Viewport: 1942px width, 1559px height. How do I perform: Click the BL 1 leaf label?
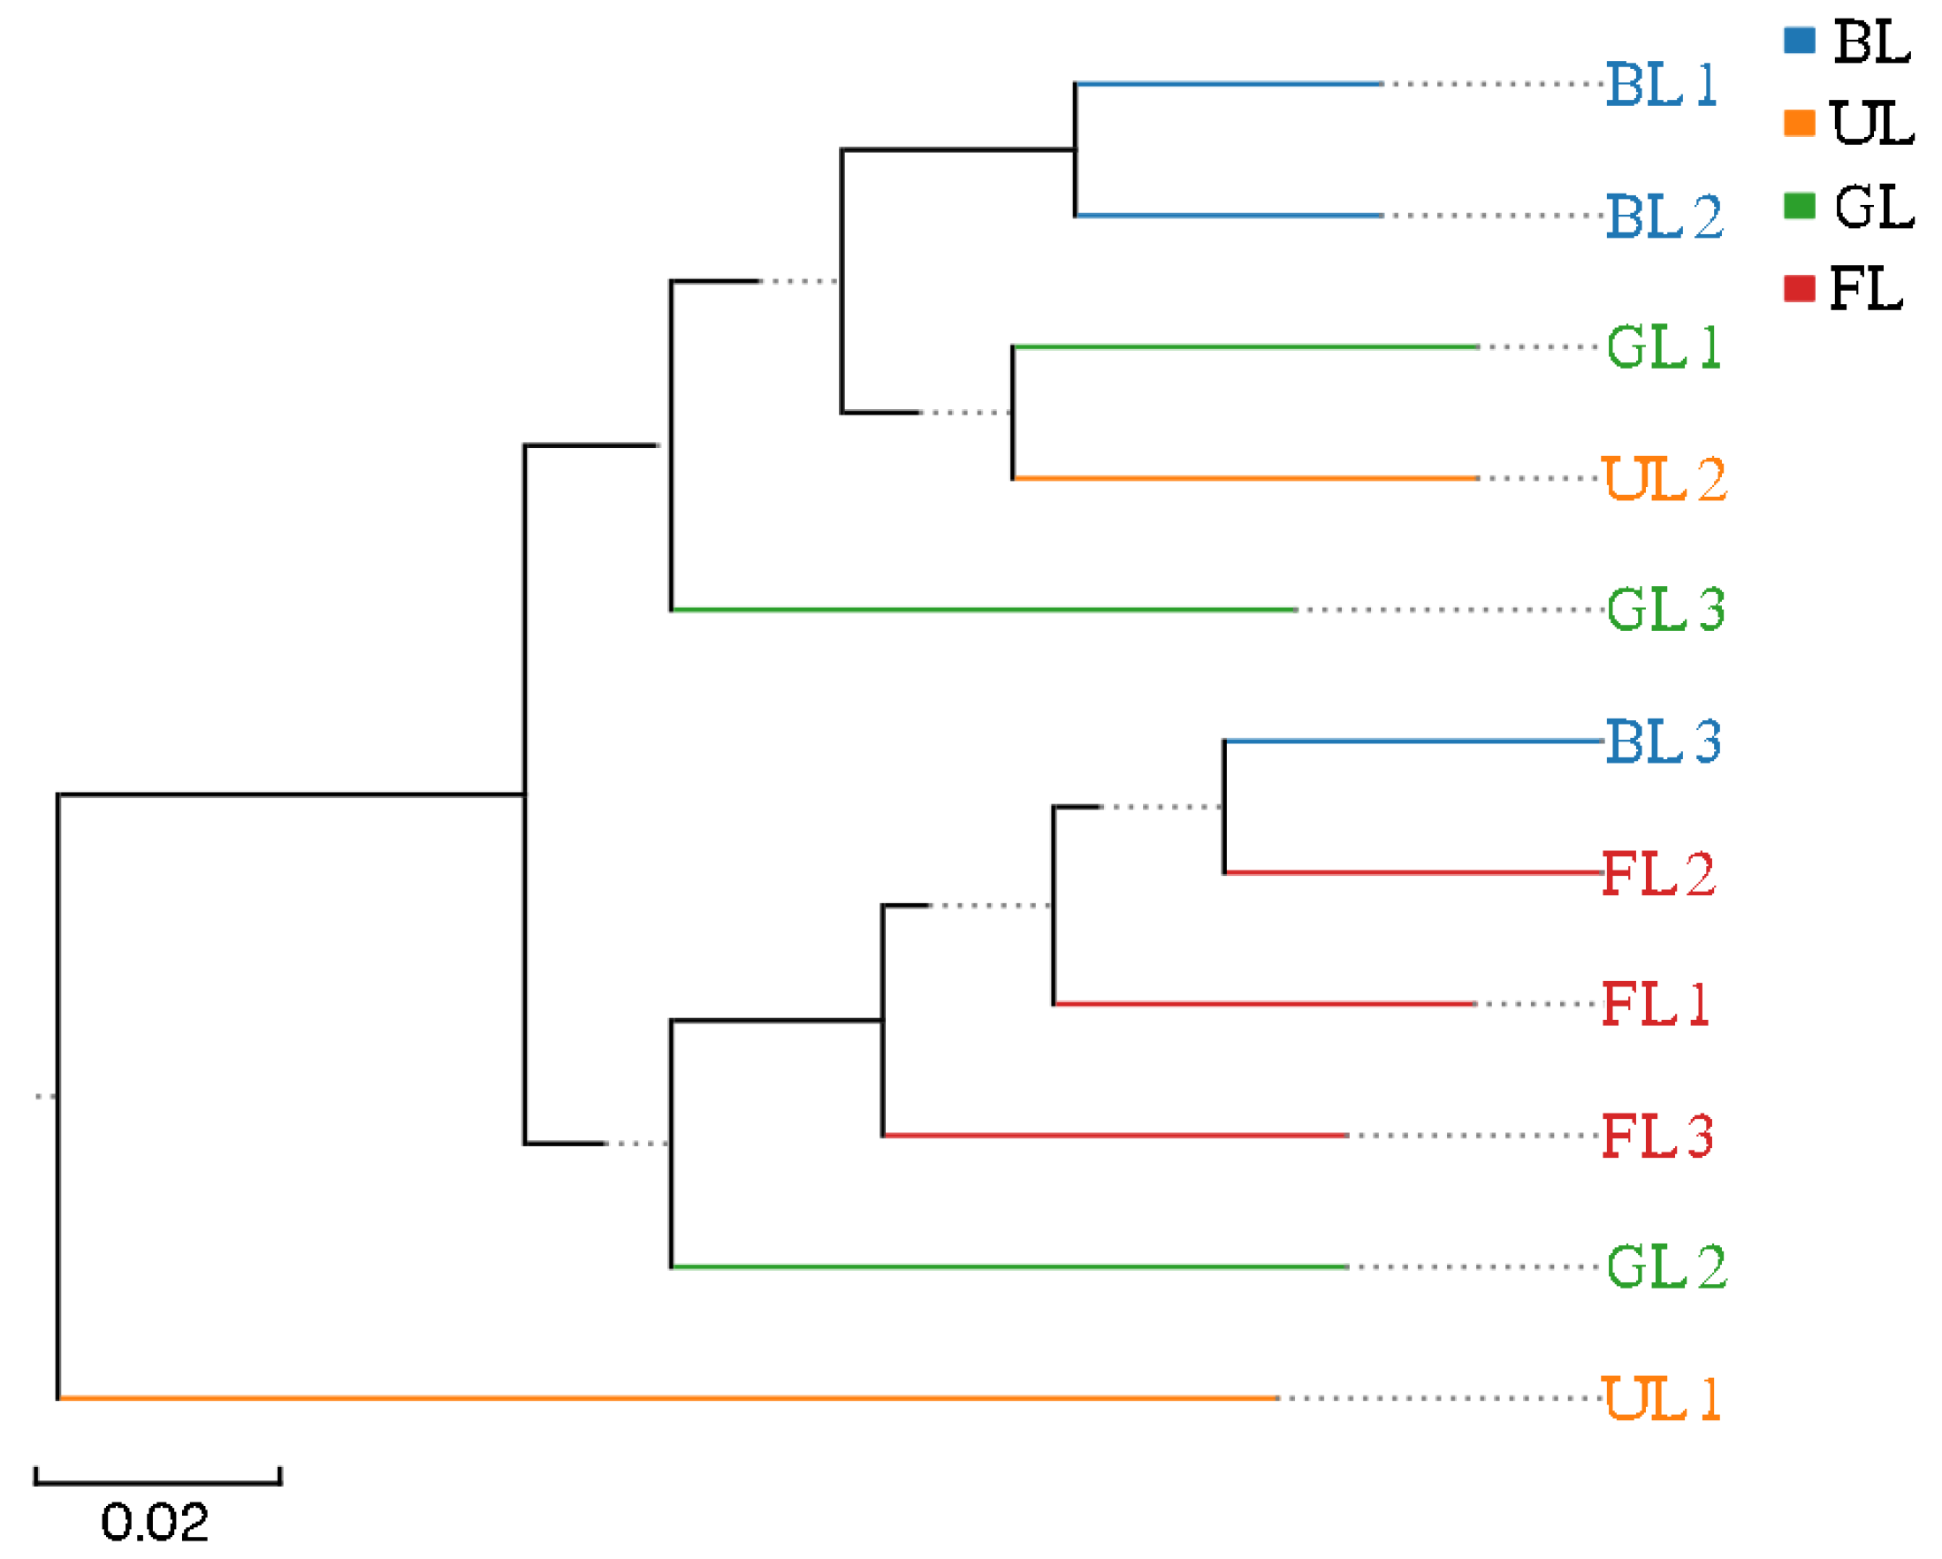pyautogui.click(x=1662, y=85)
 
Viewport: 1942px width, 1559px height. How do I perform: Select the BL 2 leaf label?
pyautogui.click(x=1664, y=217)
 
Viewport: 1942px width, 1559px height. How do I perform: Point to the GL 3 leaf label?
pyautogui.click(x=1665, y=610)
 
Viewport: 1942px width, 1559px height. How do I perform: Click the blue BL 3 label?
pyautogui.click(x=1663, y=741)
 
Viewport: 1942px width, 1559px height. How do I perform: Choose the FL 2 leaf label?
pyautogui.click(x=1658, y=872)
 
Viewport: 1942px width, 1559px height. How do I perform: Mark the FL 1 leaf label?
pyautogui.click(x=1656, y=1003)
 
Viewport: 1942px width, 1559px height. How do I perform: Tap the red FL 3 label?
pyautogui.click(x=1657, y=1135)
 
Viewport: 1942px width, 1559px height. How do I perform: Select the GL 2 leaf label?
pyautogui.click(x=1666, y=1266)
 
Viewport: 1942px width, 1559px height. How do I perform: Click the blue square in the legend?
pyautogui.click(x=1799, y=41)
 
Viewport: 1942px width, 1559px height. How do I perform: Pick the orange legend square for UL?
pyautogui.click(x=1799, y=123)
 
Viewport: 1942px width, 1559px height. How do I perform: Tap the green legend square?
pyautogui.click(x=1799, y=206)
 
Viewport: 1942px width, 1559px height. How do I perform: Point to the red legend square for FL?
pyautogui.click(x=1799, y=288)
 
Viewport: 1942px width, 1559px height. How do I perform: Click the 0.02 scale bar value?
pyautogui.click(x=155, y=1522)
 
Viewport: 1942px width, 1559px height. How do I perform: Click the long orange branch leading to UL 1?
pyautogui.click(x=666, y=1398)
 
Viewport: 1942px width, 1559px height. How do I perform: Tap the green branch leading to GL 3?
pyautogui.click(x=982, y=610)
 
